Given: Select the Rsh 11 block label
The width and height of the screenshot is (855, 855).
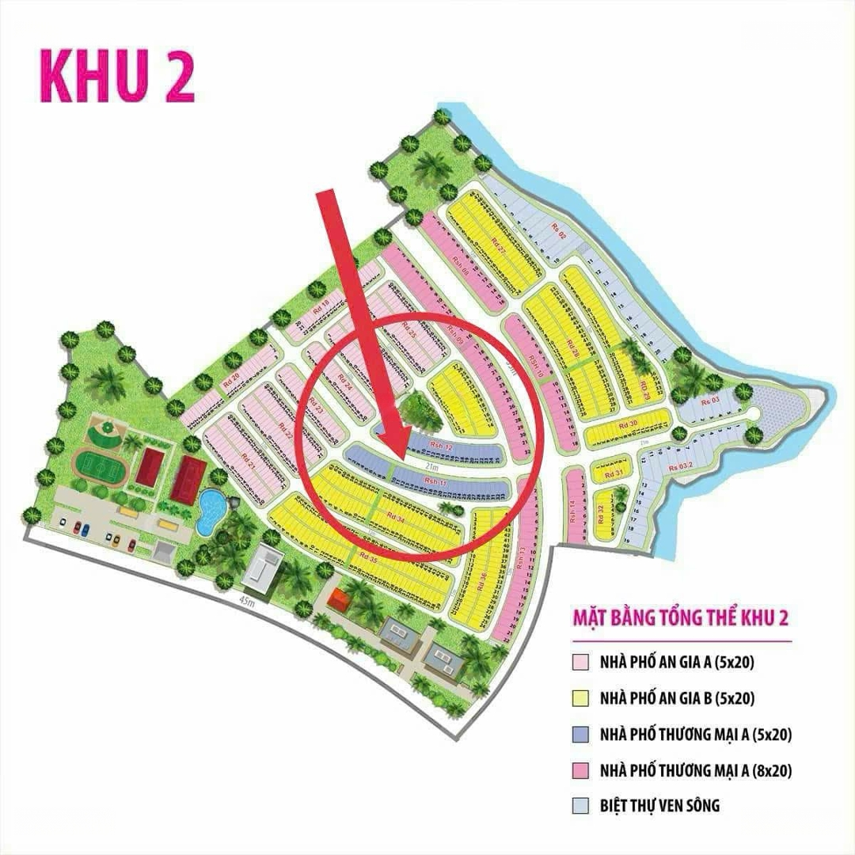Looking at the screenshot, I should tap(436, 481).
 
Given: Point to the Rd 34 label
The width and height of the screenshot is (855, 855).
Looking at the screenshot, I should tap(395, 518).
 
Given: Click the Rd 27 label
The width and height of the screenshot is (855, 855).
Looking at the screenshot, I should tap(499, 245).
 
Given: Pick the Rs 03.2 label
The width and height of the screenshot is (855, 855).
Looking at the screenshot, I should tap(680, 467).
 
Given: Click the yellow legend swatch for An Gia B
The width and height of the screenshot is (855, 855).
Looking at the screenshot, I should tap(581, 698).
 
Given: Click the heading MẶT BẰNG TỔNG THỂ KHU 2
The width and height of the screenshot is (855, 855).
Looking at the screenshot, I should tap(680, 617).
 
